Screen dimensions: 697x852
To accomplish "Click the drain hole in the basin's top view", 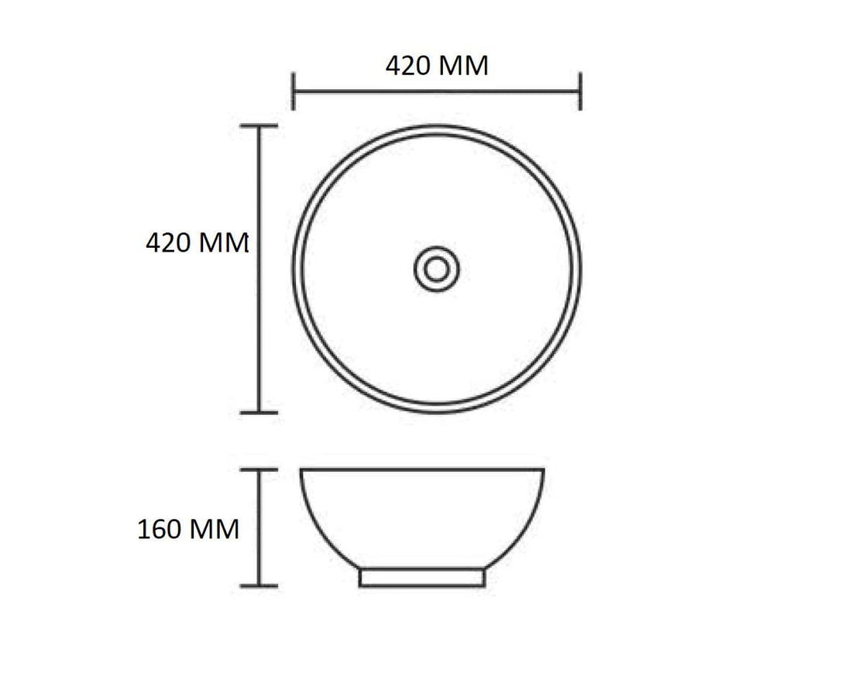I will pos(436,269).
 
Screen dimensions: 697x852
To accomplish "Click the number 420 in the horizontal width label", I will pos(411,66).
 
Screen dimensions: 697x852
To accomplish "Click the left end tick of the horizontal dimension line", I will pos(294,91).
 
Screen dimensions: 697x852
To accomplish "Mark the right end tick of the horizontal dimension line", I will pos(580,91).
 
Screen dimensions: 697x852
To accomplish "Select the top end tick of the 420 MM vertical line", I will pos(259,125).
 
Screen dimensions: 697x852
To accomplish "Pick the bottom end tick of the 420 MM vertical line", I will pos(259,413).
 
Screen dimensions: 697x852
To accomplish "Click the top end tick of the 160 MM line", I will pos(259,469).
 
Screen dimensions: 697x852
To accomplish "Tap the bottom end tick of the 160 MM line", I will pos(259,586).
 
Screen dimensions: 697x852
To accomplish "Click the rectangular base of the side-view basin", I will pos(422,579).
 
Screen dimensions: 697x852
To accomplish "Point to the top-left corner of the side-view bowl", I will pos(301,469).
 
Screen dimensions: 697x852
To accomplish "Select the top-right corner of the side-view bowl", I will pos(544,469).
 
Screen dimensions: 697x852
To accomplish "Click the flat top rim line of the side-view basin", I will pos(422,469).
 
